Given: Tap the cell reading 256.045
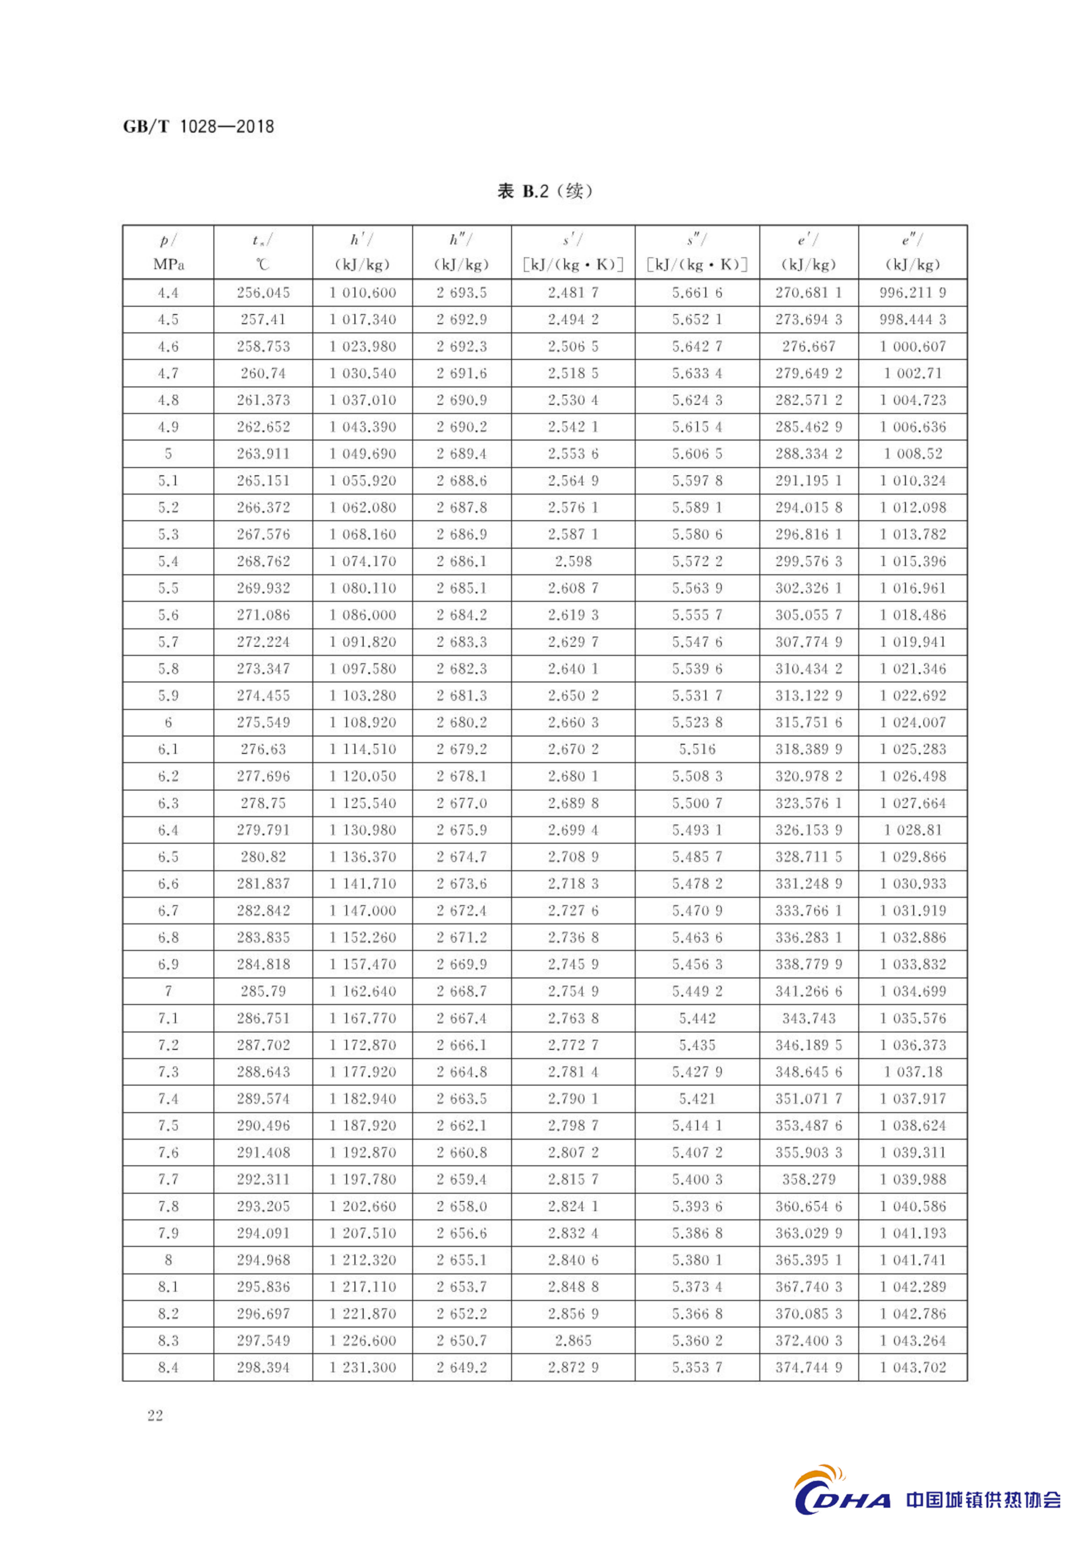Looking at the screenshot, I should point(263,293).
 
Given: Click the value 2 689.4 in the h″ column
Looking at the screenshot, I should point(462,454).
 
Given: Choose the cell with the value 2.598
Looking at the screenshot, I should point(573,561).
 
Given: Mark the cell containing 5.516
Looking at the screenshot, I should point(697,749).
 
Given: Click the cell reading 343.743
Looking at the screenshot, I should point(809,1018).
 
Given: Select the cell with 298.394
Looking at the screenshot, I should point(263,1367).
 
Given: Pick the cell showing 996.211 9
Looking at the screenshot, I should point(913,293).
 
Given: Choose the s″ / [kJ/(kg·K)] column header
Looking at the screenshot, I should point(697,252).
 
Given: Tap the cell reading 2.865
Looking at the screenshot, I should point(573,1340).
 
